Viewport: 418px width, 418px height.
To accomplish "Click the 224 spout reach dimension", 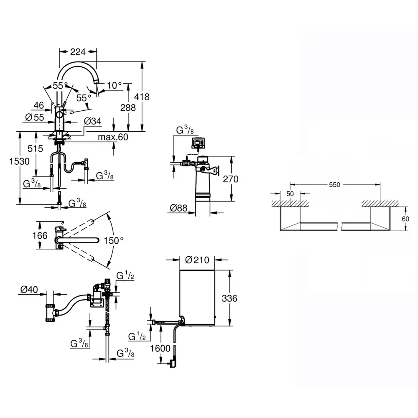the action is pyautogui.click(x=78, y=52).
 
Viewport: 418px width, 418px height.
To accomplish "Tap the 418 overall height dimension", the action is pyautogui.click(x=142, y=97).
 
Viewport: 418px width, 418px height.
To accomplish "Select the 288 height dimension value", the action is pyautogui.click(x=128, y=107).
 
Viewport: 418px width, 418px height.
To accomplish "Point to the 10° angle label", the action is pyautogui.click(x=115, y=85).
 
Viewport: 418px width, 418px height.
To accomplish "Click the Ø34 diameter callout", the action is pyautogui.click(x=92, y=121).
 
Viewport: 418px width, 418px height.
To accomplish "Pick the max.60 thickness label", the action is pyautogui.click(x=113, y=137).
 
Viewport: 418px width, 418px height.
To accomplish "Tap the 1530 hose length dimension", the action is pyautogui.click(x=20, y=161).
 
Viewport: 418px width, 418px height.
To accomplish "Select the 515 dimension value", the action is pyautogui.click(x=35, y=148).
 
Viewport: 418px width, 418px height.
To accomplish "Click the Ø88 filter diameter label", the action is pyautogui.click(x=178, y=208).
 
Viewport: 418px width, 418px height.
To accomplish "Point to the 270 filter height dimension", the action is pyautogui.click(x=231, y=179).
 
